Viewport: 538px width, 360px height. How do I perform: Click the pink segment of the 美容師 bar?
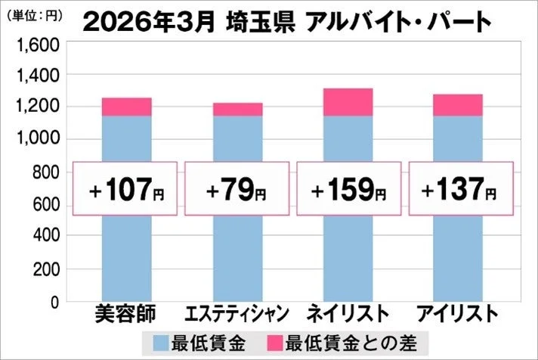(x=126, y=107)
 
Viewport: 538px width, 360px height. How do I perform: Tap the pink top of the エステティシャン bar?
(x=237, y=110)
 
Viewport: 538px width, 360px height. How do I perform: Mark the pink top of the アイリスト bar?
(x=458, y=105)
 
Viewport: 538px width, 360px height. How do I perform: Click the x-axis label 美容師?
(x=126, y=314)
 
